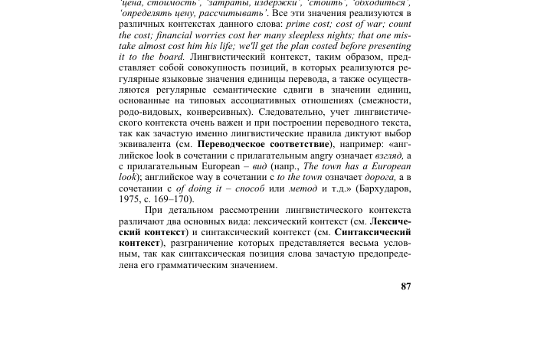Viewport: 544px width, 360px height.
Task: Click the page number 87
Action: pyautogui.click(x=405, y=286)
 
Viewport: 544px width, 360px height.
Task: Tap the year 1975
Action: pyautogui.click(x=129, y=199)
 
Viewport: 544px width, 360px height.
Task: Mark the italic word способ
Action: pyautogui.click(x=249, y=188)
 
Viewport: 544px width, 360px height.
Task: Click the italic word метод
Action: pyautogui.click(x=303, y=188)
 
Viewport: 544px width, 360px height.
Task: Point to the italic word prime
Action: pyautogui.click(x=298, y=25)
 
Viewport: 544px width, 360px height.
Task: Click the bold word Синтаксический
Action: pyautogui.click(x=372, y=232)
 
